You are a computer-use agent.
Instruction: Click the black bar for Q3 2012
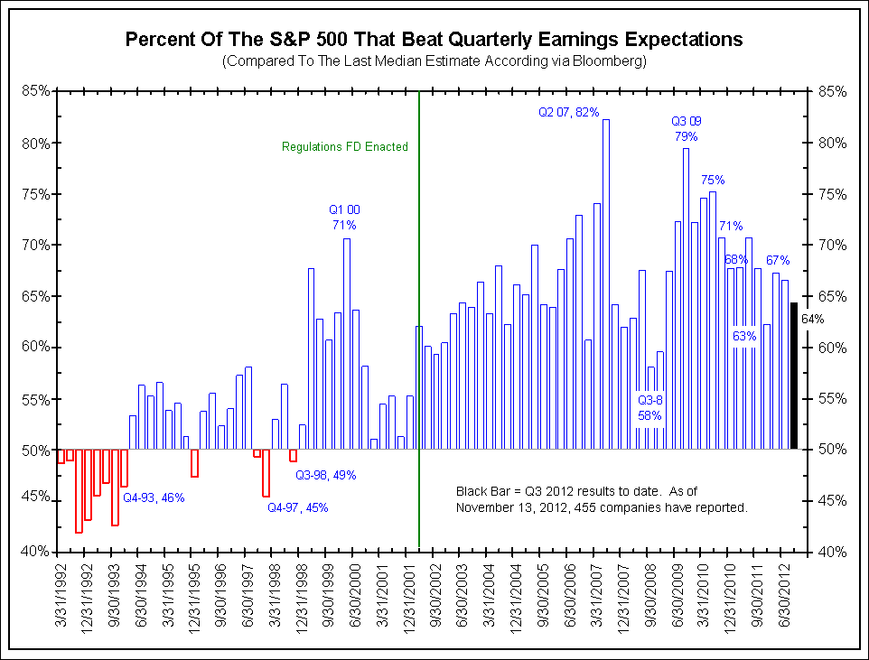click(794, 376)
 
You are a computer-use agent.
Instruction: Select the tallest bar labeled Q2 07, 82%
click(606, 284)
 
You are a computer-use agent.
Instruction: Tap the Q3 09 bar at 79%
click(687, 298)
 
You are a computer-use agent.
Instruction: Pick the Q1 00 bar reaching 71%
click(347, 343)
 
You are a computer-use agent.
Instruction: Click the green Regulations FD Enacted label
click(345, 146)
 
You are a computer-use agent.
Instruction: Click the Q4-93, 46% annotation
click(154, 497)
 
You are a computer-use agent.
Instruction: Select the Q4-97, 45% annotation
click(298, 507)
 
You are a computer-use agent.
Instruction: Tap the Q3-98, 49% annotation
click(326, 475)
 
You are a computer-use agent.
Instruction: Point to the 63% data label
click(744, 336)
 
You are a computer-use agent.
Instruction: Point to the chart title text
click(434, 40)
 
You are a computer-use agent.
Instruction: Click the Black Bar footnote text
click(602, 499)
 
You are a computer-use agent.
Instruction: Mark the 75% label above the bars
click(713, 180)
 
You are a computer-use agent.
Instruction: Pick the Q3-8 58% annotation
click(649, 407)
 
